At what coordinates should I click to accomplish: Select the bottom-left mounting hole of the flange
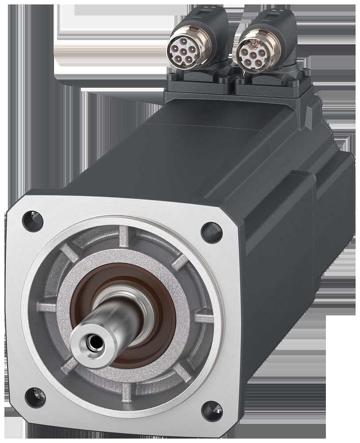pos(35,397)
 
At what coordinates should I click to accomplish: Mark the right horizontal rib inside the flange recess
pos(204,318)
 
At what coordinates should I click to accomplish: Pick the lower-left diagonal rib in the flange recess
pos(70,365)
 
